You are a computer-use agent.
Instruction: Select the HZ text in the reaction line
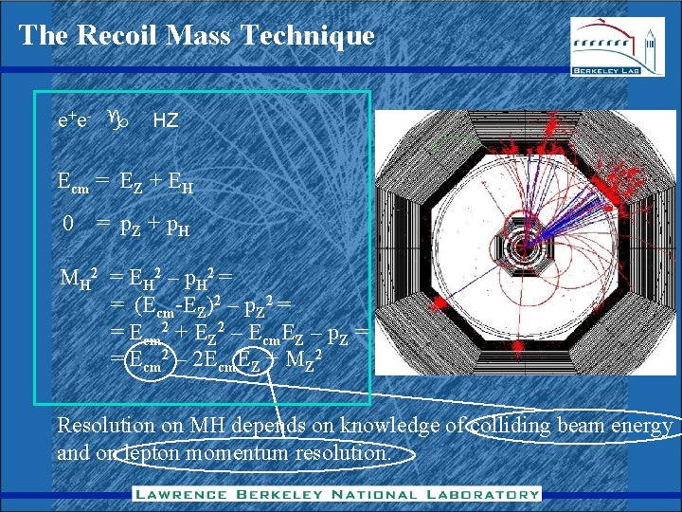click(166, 121)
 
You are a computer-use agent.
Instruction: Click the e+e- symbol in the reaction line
click(74, 121)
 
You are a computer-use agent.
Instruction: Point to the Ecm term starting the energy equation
click(74, 185)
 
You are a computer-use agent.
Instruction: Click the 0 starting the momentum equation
click(67, 224)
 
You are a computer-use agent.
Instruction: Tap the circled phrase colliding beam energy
click(574, 427)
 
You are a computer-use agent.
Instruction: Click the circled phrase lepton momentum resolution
click(260, 454)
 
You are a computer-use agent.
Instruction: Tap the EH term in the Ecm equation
click(181, 186)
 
